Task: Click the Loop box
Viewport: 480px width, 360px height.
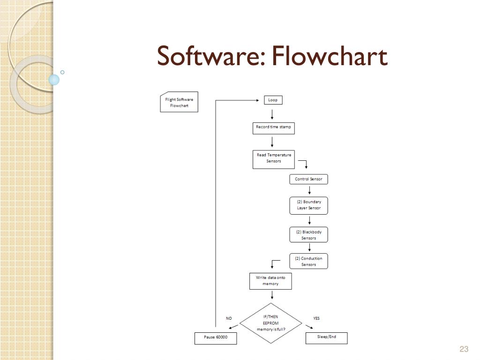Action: coord(273,100)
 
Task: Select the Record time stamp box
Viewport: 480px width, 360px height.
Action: coord(273,127)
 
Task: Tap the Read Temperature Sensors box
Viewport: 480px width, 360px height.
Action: coord(274,158)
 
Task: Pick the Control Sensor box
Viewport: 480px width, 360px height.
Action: coord(308,179)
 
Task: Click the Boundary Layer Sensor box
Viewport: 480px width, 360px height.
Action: coord(308,205)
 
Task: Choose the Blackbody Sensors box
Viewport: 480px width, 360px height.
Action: coord(308,235)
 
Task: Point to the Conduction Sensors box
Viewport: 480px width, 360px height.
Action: coord(308,261)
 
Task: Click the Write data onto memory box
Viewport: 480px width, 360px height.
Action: coord(270,281)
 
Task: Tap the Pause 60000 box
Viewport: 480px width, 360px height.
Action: coord(216,338)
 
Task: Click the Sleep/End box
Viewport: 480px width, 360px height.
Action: coord(327,337)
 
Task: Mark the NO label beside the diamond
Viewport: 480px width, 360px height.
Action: coord(229,318)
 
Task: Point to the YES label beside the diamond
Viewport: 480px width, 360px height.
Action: coord(316,318)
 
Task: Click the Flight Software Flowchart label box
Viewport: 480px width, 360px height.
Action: coord(179,102)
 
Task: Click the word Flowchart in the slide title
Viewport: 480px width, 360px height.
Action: coord(329,56)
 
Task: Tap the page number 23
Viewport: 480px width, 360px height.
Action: coord(464,349)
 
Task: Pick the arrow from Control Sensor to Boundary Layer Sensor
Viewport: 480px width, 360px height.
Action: coord(309,190)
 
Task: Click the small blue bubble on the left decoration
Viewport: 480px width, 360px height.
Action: coord(54,80)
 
